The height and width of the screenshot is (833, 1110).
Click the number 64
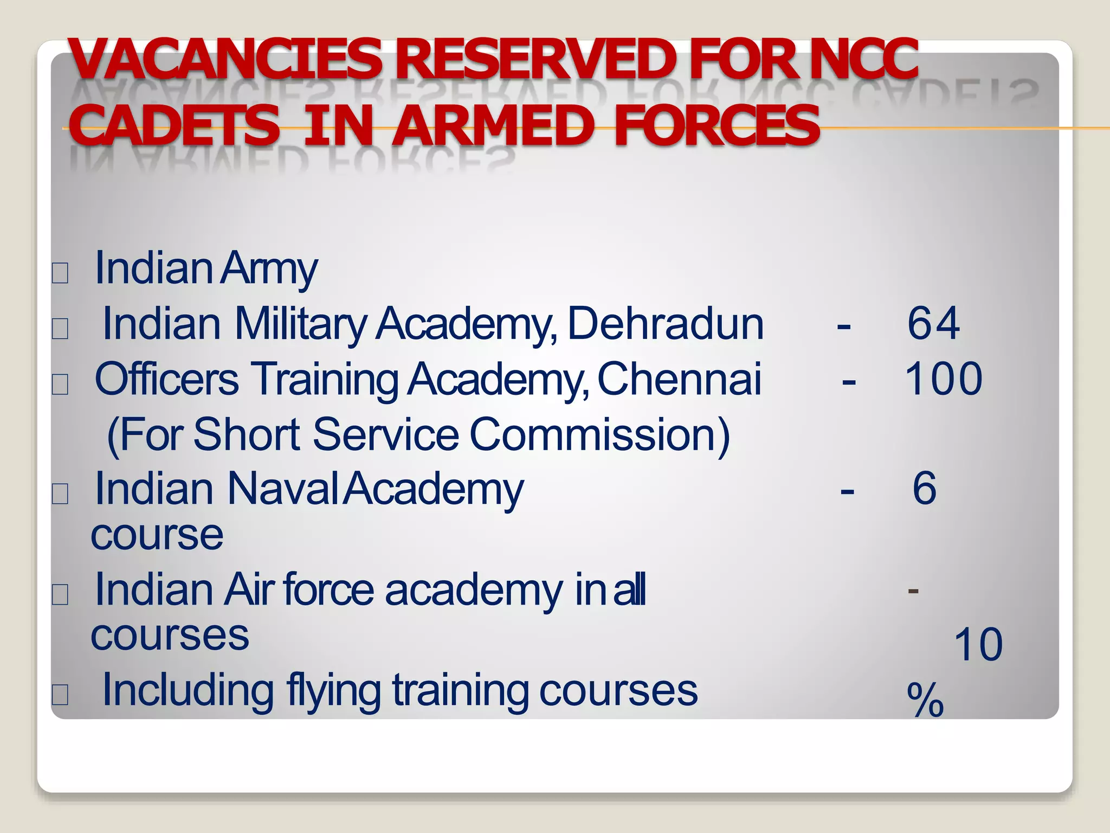(x=933, y=323)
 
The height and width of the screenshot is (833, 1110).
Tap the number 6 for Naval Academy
(x=924, y=488)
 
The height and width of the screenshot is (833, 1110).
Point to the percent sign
(x=925, y=700)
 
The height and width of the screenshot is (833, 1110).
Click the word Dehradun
(x=666, y=324)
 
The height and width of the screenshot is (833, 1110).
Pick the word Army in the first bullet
(x=269, y=269)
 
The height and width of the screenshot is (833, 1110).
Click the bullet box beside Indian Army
(x=60, y=273)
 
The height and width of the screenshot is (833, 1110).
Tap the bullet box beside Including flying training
(x=60, y=694)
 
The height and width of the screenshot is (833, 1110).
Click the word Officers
(x=166, y=379)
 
